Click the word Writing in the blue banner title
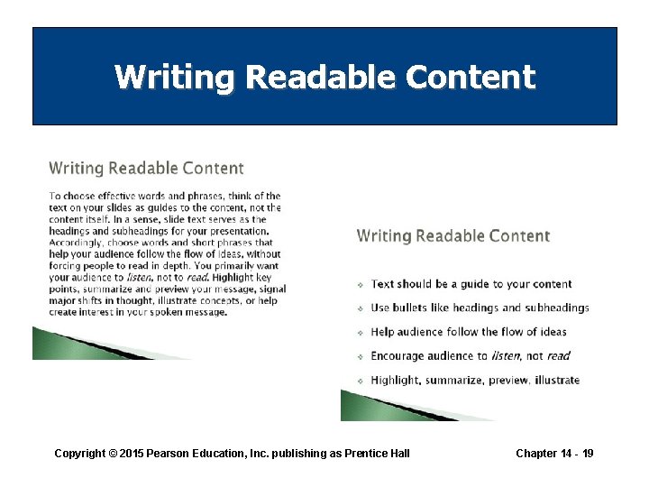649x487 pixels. (x=174, y=78)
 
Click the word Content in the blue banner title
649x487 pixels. (x=470, y=78)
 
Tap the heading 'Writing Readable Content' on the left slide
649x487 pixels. (x=146, y=168)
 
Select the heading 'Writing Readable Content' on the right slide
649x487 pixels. (x=452, y=235)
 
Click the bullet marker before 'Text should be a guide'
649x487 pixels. (x=361, y=284)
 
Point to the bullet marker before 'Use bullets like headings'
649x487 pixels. (x=361, y=308)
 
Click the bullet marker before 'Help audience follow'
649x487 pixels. (x=361, y=333)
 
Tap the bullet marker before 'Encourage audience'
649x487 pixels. (x=361, y=356)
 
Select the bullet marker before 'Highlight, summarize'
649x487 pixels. (x=361, y=381)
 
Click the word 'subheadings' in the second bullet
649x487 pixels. (x=558, y=308)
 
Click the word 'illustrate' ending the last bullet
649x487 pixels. (x=556, y=381)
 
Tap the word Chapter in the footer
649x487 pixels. (x=536, y=453)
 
